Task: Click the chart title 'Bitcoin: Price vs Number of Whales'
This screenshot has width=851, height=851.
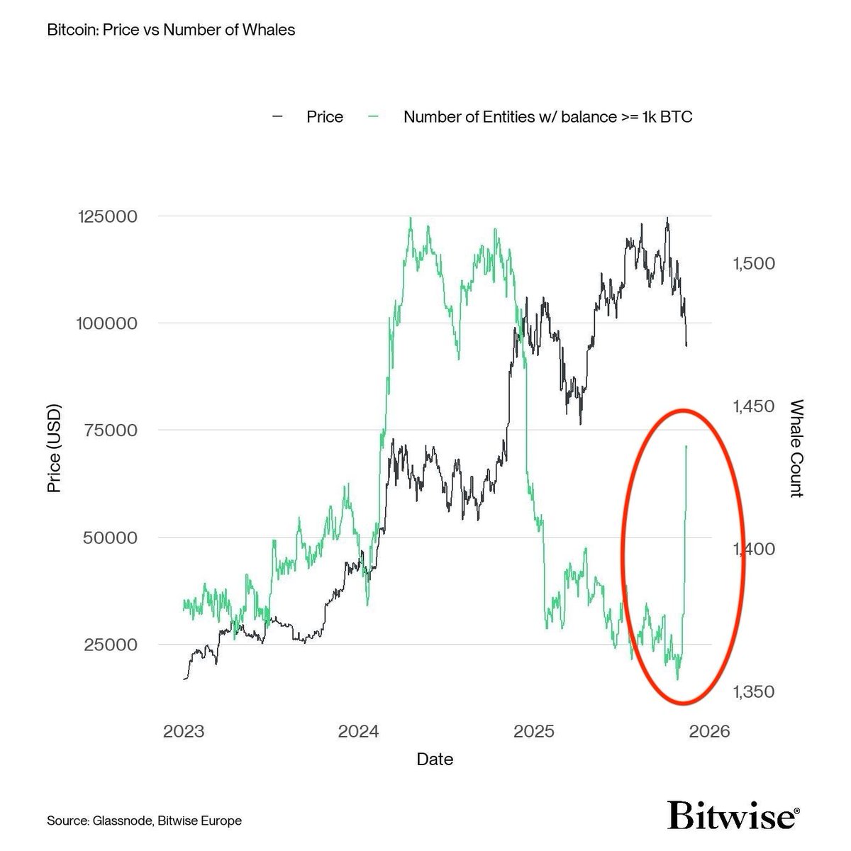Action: (170, 30)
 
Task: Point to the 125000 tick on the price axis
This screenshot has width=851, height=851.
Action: (106, 216)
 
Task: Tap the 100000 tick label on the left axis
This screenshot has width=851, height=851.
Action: (106, 323)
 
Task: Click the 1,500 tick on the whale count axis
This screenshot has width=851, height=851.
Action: (752, 263)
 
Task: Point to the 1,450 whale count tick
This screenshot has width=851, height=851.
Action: (752, 406)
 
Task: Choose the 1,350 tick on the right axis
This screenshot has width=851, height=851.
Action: (752, 691)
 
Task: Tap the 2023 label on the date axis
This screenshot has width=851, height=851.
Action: (184, 732)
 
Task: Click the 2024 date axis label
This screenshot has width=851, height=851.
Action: (359, 732)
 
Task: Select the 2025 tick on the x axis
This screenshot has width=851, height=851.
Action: (534, 732)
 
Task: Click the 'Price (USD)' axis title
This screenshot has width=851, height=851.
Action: (55, 448)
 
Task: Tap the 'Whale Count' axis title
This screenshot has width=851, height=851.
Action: (796, 448)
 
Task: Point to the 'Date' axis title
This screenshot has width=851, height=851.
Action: (435, 760)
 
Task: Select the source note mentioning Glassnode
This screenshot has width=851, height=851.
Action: (145, 821)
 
